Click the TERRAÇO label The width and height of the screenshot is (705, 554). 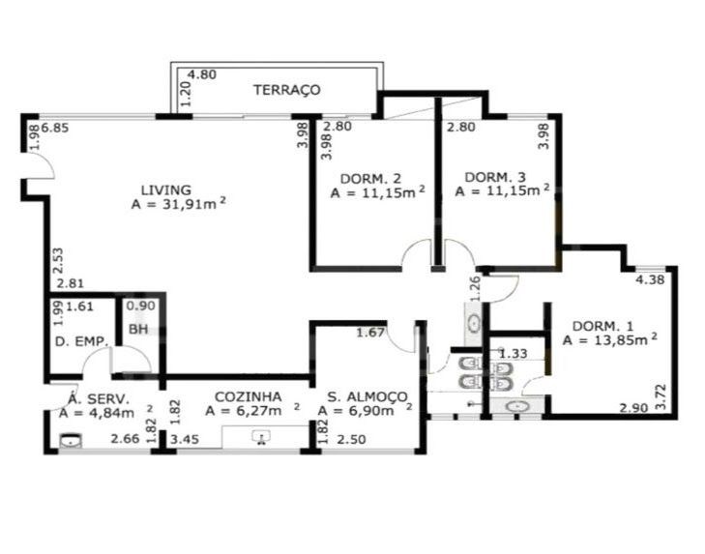click(x=287, y=90)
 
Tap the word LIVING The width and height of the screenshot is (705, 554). click(x=166, y=190)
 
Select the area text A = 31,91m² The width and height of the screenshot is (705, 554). click(x=179, y=204)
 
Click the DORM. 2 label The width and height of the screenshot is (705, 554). click(x=371, y=179)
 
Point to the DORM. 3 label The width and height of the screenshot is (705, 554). click(x=495, y=177)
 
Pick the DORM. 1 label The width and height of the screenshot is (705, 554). click(x=602, y=326)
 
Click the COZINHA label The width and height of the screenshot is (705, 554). click(x=249, y=396)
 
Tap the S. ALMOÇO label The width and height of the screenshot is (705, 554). click(x=367, y=397)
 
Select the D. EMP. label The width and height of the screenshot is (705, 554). click(x=81, y=341)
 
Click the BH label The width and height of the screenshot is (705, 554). click(x=138, y=329)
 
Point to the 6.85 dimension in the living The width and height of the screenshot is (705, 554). click(x=55, y=129)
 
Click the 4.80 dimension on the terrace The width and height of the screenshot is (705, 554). click(x=202, y=74)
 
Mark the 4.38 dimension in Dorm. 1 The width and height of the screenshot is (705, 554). click(x=650, y=279)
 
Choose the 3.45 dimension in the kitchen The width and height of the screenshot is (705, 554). click(x=185, y=439)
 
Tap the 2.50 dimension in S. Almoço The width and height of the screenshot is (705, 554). click(x=352, y=439)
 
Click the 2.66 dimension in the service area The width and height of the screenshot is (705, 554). click(x=125, y=438)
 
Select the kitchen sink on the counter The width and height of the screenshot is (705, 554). click(x=261, y=437)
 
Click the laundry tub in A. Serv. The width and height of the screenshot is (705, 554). click(x=71, y=441)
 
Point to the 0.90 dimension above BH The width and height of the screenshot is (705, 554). click(x=141, y=306)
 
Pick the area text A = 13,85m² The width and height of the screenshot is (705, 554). click(x=609, y=339)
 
